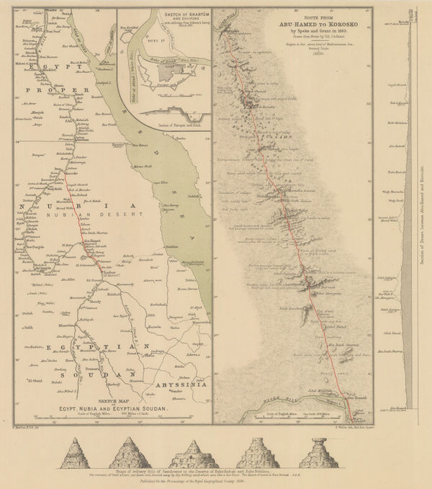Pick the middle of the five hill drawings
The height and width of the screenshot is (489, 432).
click(x=194, y=452)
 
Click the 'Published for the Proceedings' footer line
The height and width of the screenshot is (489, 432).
click(x=194, y=481)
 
